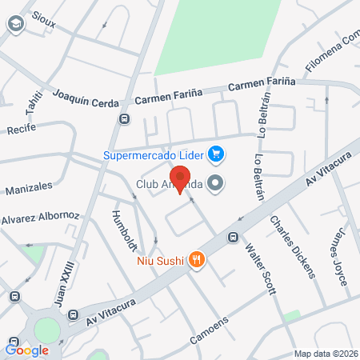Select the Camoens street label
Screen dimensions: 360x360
tap(210, 328)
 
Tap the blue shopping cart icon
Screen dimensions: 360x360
tap(215, 153)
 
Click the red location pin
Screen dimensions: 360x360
tap(180, 178)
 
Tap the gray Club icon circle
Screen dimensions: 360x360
tap(214, 184)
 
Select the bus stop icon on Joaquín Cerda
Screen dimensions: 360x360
tap(124, 119)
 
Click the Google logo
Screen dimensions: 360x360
tap(26, 350)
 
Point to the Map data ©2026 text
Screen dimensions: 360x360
tap(325, 354)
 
